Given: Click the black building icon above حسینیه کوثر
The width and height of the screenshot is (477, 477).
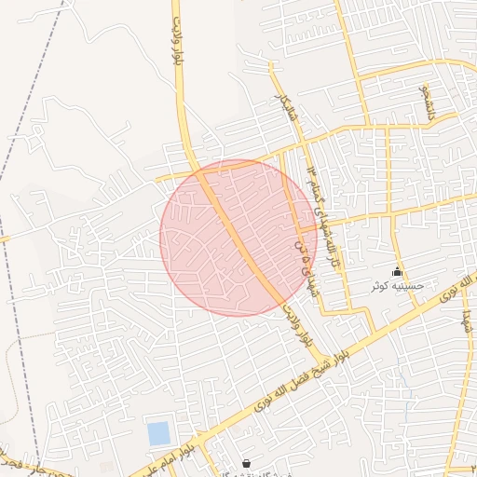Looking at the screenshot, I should [x=398, y=272].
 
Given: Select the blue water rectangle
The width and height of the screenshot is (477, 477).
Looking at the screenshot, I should [x=158, y=433].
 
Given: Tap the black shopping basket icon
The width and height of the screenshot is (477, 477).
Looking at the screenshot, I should [x=246, y=463].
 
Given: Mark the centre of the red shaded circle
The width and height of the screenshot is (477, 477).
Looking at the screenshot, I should [x=238, y=238].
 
